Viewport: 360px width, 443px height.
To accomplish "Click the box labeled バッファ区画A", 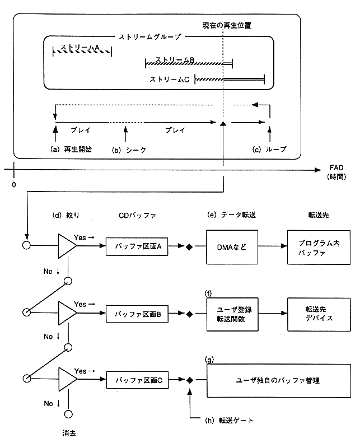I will coord(138,245).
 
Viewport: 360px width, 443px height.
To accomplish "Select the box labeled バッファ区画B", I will coord(138,314).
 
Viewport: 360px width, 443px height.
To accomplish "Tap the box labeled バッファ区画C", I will coord(138,380).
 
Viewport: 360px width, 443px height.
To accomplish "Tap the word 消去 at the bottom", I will coord(69,432).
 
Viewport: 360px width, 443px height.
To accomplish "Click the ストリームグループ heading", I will coord(149,37).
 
